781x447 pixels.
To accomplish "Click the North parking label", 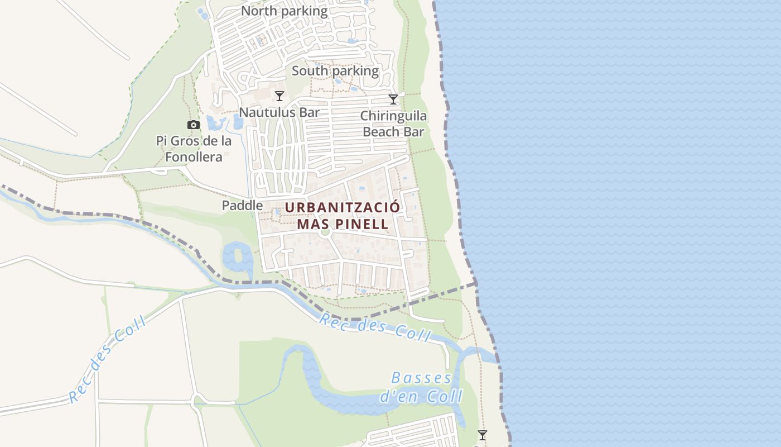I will (285, 11).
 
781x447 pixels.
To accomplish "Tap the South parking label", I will (335, 71).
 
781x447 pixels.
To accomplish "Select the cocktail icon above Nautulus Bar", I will (279, 96).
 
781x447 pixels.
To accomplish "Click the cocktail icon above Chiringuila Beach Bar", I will (393, 99).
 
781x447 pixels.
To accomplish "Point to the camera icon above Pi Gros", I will (194, 125).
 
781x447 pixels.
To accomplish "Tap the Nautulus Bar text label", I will (279, 112).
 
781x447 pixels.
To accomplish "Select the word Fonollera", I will (194, 157).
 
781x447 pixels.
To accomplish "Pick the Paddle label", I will (242, 206).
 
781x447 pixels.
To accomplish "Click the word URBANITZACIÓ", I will (343, 207).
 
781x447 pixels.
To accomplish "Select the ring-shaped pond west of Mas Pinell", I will (238, 259).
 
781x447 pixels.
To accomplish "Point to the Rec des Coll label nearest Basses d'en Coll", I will (375, 327).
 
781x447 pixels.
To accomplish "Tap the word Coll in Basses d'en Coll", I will (444, 397).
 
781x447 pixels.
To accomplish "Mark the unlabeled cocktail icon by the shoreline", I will (483, 435).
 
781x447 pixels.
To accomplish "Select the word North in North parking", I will (259, 11).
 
